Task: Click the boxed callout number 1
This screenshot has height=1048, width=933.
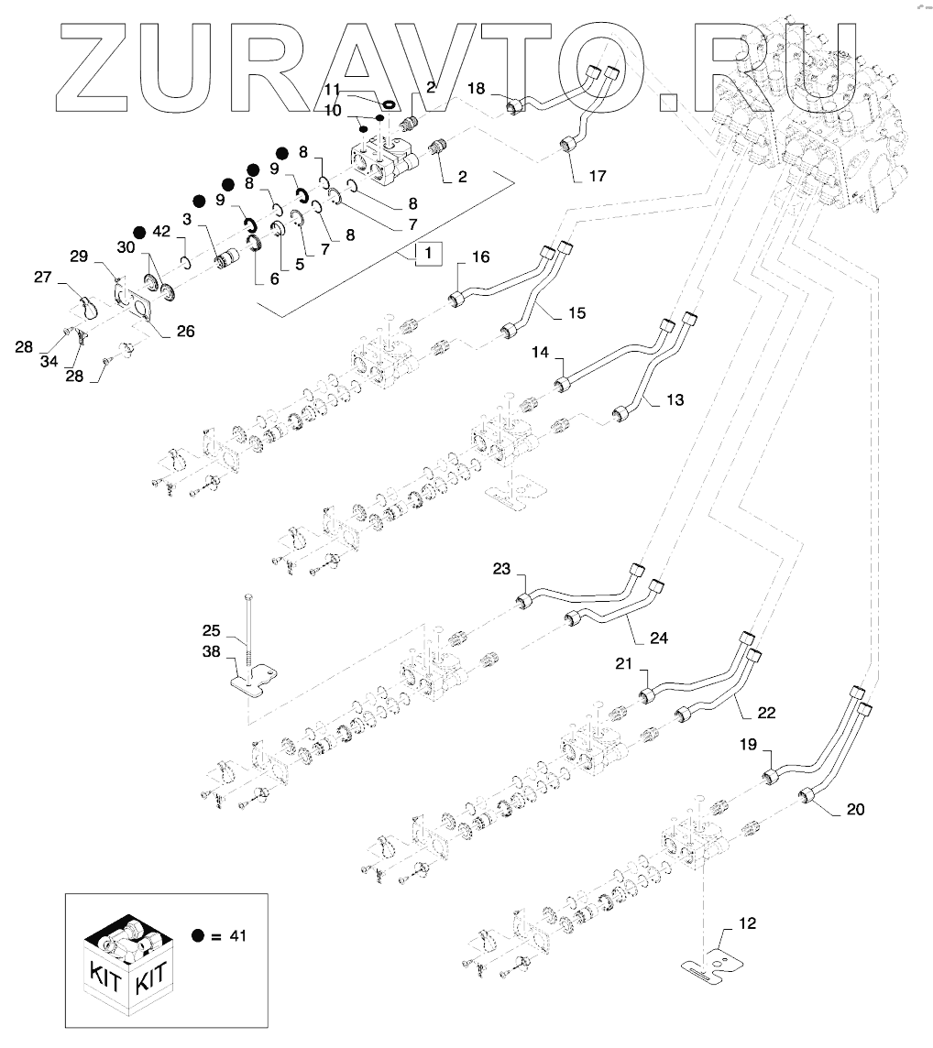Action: point(428,252)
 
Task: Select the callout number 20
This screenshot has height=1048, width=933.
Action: point(854,809)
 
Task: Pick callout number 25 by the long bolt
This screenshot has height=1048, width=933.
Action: point(212,631)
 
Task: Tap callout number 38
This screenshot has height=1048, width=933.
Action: point(212,652)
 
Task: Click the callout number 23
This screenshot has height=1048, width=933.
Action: point(500,568)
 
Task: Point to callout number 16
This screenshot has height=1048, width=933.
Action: point(481,257)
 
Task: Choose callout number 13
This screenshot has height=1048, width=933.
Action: point(675,401)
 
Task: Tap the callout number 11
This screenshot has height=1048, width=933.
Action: point(333,90)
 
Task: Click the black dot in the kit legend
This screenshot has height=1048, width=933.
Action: point(197,935)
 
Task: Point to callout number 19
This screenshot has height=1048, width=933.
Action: point(748,746)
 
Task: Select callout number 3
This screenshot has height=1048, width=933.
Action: point(186,220)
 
